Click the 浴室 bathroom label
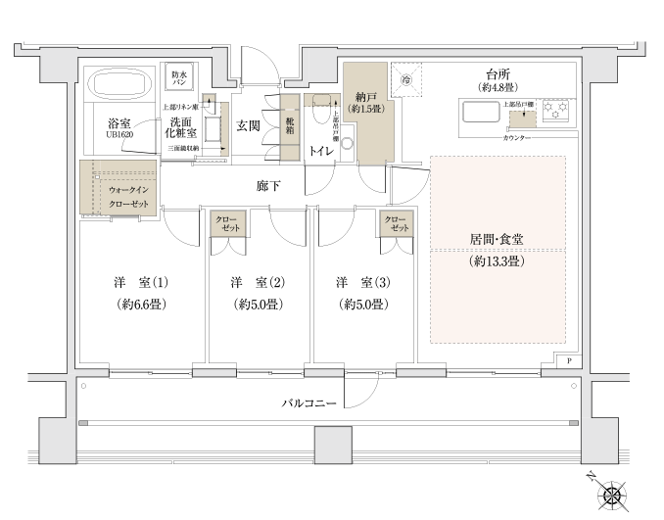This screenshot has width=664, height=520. click(x=119, y=122)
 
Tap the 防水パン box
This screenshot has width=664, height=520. click(x=180, y=79)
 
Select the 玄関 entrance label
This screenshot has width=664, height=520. click(x=248, y=125)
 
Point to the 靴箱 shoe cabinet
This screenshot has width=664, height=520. click(x=290, y=125)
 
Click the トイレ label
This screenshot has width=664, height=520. click(x=320, y=151)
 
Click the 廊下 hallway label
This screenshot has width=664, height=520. click(x=268, y=184)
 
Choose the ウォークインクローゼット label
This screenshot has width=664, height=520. click(x=128, y=195)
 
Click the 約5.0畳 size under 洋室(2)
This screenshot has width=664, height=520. click(x=259, y=305)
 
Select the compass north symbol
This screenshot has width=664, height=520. click(x=614, y=494)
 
